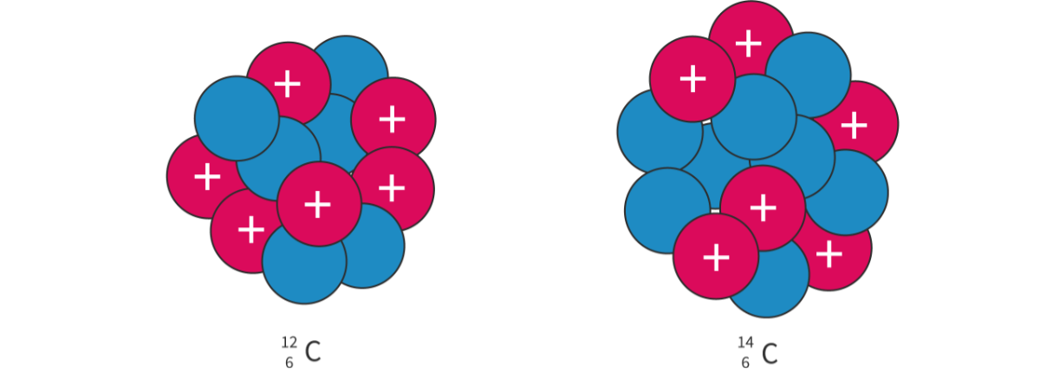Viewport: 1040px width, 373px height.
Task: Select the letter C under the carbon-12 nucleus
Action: [312, 354]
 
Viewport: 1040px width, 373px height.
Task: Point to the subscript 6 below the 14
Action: [745, 363]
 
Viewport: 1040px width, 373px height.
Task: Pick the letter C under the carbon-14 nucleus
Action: [768, 354]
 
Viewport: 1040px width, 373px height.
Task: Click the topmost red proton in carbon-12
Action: [287, 82]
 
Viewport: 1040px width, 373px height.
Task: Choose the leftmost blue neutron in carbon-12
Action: [236, 118]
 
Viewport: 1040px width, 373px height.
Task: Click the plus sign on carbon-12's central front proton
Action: [318, 204]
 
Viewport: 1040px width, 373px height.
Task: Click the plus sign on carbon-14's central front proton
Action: [763, 207]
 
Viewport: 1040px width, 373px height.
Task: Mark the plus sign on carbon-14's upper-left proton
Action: [692, 79]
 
